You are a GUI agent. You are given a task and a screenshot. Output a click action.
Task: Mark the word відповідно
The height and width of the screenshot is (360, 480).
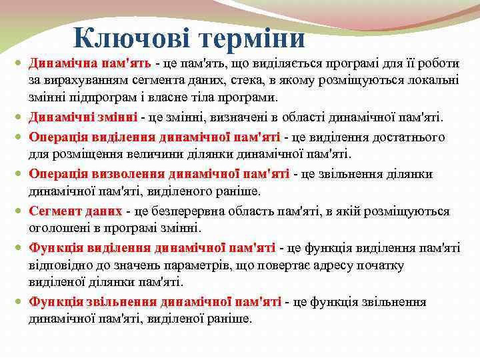point(59,265)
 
